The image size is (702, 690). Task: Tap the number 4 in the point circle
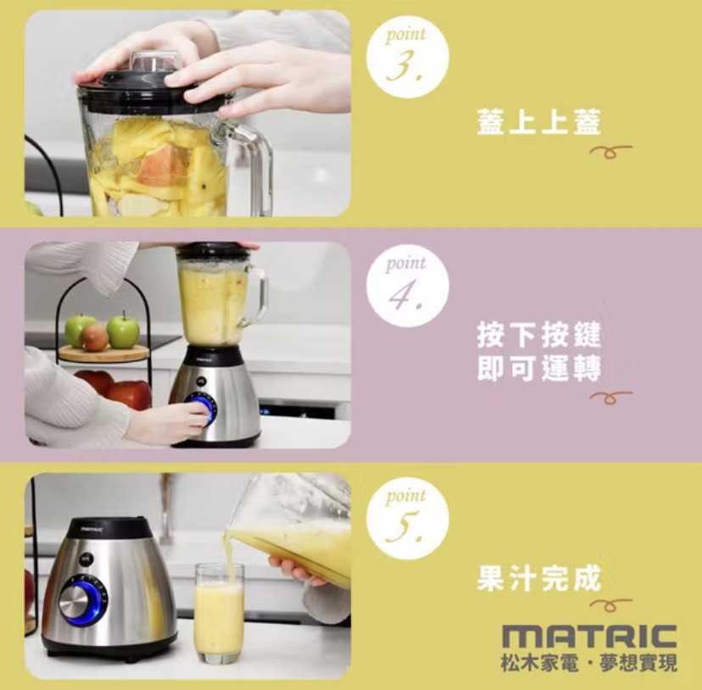405,296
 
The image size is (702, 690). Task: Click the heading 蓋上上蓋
538,121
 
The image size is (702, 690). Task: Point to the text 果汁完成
538,578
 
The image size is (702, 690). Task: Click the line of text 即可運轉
538,370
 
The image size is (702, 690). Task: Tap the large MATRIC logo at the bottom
589,637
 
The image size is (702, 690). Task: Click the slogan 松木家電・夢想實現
589,662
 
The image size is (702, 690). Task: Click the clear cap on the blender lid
154,63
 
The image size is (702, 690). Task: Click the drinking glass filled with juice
220,614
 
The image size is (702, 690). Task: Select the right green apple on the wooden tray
123,331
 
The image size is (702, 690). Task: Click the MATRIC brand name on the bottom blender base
92,529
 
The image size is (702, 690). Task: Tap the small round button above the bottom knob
86,559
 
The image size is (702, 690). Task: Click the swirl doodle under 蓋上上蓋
610,151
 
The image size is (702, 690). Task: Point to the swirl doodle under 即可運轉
610,397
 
